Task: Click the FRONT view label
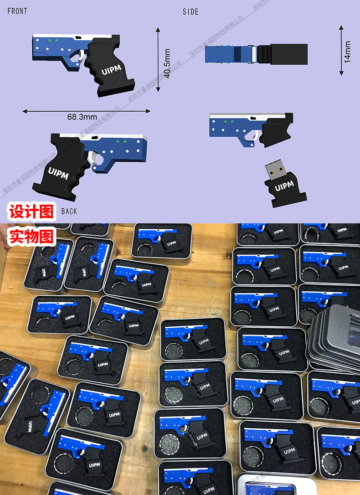tap(17, 11)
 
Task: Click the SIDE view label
tap(190, 12)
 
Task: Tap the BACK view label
tap(69, 211)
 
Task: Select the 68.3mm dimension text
tap(82, 117)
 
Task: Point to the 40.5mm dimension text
tap(167, 63)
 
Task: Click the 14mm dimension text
tap(348, 52)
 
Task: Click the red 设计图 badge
tap(31, 212)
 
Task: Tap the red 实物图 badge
tap(31, 236)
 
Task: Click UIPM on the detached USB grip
tap(284, 186)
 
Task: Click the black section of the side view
tap(288, 54)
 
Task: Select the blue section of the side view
tap(228, 54)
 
